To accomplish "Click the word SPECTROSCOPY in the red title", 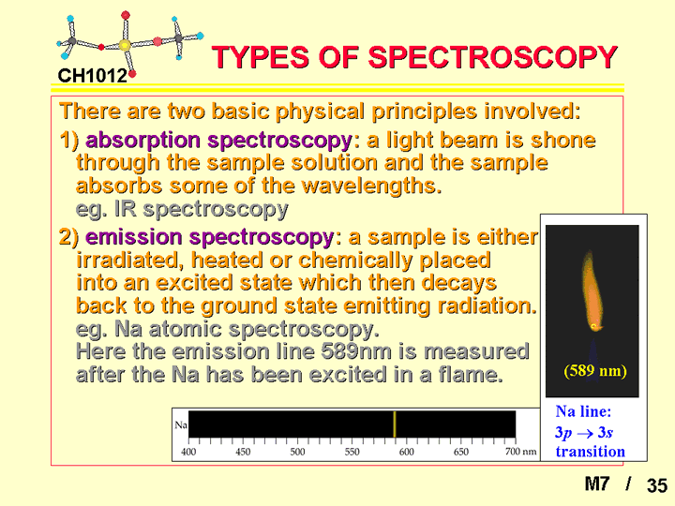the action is [493, 57].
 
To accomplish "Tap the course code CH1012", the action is [93, 76].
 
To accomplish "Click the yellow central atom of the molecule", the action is [125, 45].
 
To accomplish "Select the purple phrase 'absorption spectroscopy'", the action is [219, 141].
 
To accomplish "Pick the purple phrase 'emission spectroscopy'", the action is [210, 237].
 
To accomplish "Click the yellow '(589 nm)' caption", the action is [595, 370].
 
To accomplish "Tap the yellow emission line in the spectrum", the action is [395, 424].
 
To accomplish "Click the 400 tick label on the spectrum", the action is [188, 452].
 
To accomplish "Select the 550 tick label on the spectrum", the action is [352, 452].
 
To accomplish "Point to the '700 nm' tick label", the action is [521, 452].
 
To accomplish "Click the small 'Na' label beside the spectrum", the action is [181, 425].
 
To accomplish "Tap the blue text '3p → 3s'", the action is [584, 432].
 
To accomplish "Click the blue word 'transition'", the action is [591, 452].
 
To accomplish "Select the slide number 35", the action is [657, 485].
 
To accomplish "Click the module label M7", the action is [597, 484].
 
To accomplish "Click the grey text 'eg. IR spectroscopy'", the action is [182, 210].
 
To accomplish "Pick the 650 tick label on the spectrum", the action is [460, 452].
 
